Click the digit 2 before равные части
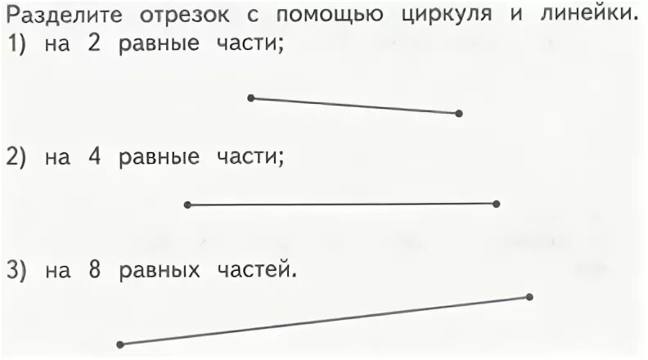point(93,47)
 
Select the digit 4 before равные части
point(94,157)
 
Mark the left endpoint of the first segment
point(251,98)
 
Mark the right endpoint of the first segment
point(459,114)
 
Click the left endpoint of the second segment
point(187,205)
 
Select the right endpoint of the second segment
point(497,204)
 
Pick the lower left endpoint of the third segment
point(120,344)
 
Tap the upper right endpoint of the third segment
point(529,297)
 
